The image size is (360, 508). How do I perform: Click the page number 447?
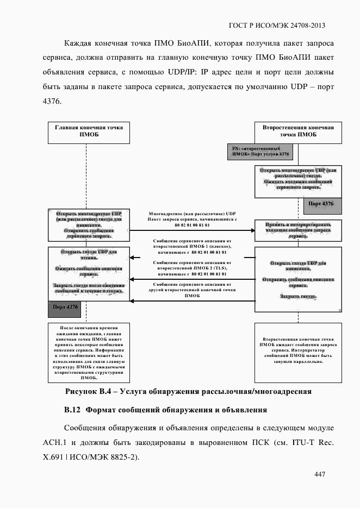[x=319, y=475]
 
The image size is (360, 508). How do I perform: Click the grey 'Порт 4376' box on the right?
[x=321, y=204]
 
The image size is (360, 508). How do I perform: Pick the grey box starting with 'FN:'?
[x=259, y=152]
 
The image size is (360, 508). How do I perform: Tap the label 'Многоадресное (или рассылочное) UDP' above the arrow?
[x=193, y=215]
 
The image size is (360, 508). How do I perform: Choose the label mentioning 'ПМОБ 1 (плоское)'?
[x=192, y=246]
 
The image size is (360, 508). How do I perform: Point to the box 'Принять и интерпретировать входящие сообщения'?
[x=299, y=230]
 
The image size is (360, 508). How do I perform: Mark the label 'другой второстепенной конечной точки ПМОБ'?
[x=192, y=290]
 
